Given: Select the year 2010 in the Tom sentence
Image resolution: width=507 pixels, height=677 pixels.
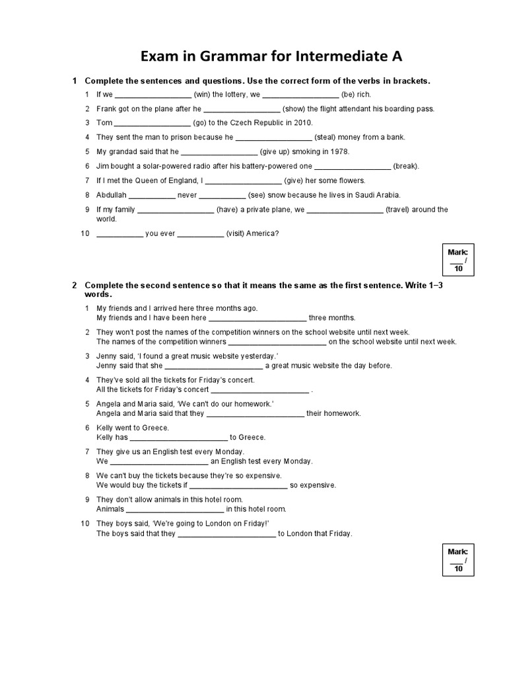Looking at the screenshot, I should tap(302, 123).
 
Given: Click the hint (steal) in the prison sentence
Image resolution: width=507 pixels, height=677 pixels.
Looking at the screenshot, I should tap(327, 138).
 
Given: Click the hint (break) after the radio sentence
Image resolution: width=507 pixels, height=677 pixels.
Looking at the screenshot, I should tap(406, 166).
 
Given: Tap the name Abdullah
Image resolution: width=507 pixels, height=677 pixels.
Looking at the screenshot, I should tap(111, 195).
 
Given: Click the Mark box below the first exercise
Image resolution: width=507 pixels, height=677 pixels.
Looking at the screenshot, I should tap(457, 260).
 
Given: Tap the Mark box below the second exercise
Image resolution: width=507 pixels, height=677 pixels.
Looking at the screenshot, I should tap(457, 559).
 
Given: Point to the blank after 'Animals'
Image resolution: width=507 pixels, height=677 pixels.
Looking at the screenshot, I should tap(174, 510).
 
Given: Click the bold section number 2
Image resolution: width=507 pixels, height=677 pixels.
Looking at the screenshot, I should tap(75, 285).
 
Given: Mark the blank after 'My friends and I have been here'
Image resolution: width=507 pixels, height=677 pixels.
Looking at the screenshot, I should tap(257, 318).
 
